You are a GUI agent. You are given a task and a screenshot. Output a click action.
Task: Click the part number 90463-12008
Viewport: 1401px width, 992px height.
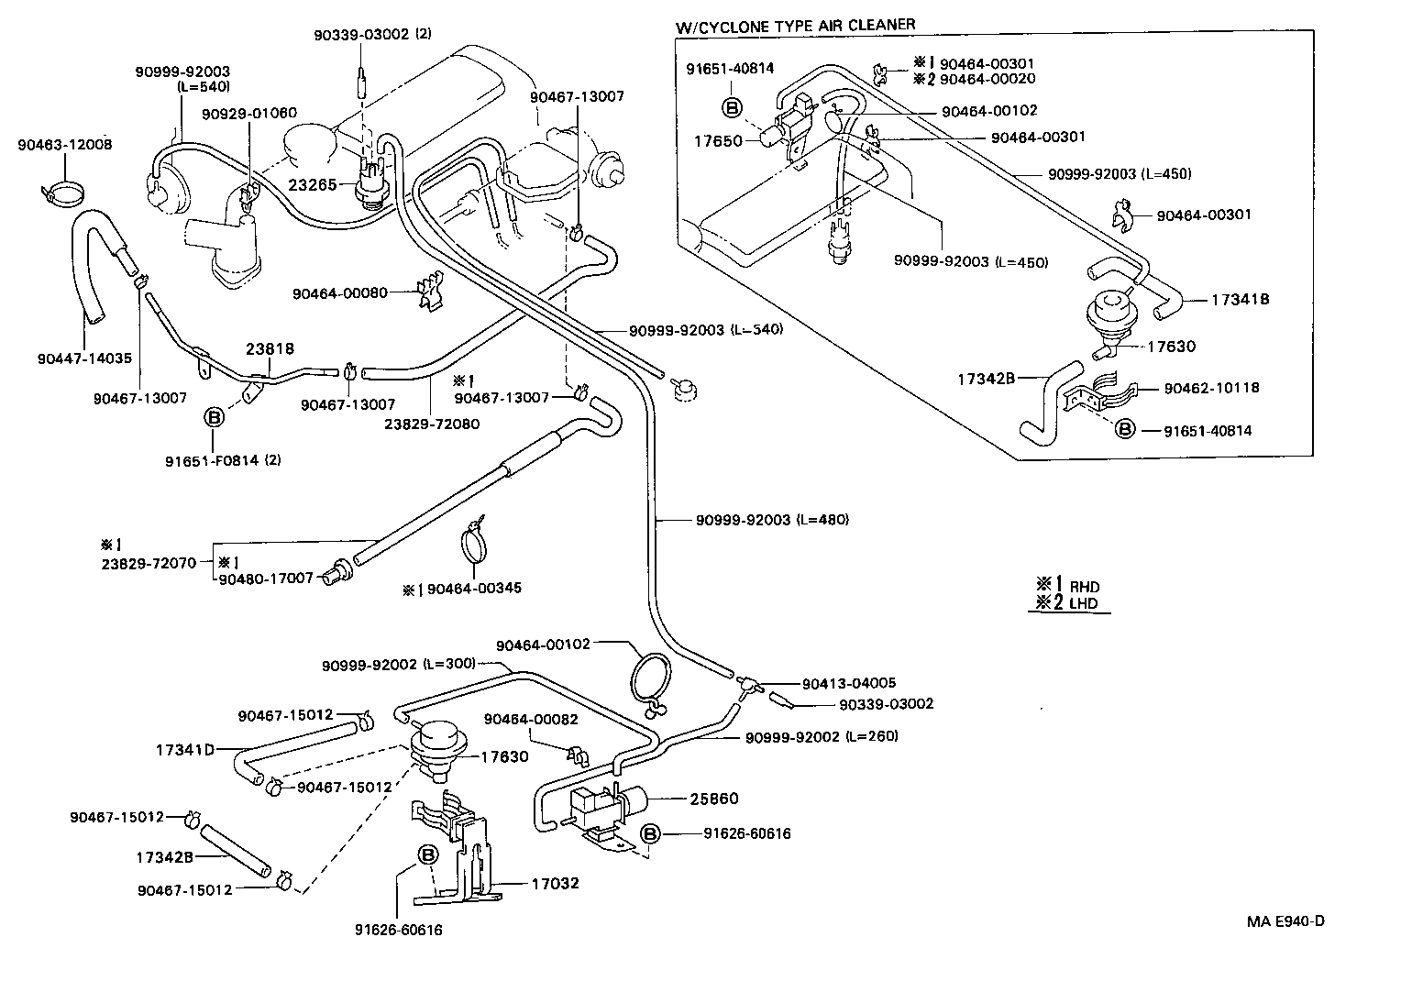tap(65, 144)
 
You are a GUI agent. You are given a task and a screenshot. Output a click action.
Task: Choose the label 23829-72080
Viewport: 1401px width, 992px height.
tap(431, 424)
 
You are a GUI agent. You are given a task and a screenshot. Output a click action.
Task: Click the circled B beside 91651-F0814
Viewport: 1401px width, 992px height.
tap(213, 418)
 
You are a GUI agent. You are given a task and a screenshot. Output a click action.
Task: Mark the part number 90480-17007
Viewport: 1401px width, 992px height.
tap(266, 578)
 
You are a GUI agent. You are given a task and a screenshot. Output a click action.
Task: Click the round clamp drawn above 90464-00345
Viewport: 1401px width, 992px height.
tap(475, 544)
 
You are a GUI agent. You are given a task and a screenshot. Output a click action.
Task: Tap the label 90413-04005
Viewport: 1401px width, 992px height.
tap(848, 683)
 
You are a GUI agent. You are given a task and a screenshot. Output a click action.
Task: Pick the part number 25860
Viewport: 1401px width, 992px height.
tap(714, 799)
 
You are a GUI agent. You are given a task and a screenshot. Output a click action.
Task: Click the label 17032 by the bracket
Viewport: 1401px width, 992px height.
tap(555, 884)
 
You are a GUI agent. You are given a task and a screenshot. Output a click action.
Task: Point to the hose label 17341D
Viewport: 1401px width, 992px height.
tap(184, 749)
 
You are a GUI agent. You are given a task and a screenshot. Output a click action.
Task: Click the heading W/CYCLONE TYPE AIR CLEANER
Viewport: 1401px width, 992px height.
tap(795, 26)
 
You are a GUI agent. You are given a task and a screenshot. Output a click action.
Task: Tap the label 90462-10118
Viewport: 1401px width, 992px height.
tap(1211, 388)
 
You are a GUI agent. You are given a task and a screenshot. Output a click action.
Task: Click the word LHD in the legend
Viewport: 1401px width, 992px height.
tap(1084, 605)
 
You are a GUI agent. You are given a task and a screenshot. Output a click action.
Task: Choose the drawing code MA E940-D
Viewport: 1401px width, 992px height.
tap(1285, 921)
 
